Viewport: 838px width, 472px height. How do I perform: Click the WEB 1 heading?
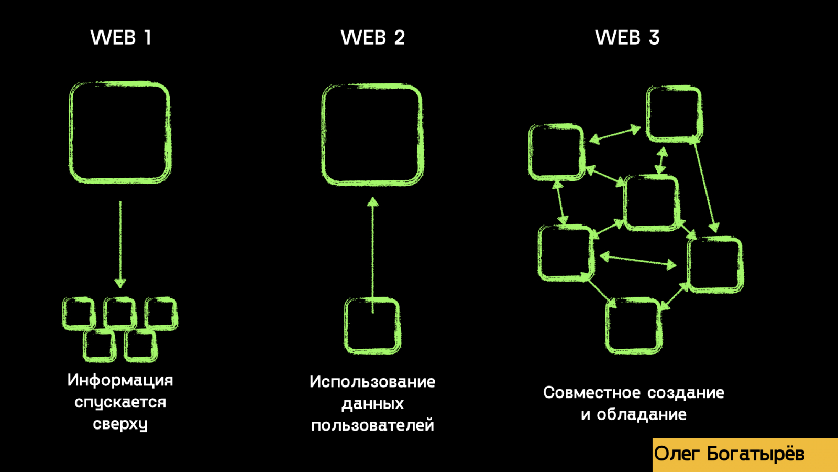coord(121,38)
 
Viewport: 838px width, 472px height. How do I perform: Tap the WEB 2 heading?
coord(372,38)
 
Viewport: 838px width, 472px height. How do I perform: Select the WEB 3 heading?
coord(627,38)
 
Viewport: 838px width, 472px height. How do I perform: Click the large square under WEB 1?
coord(120,132)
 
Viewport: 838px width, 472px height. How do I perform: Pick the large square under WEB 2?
coord(372,135)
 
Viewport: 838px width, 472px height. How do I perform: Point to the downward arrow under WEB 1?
coord(120,244)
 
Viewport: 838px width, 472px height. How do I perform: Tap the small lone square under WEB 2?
coord(372,326)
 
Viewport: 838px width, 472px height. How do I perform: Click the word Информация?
coord(120,380)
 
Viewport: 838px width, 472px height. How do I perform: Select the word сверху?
coord(120,424)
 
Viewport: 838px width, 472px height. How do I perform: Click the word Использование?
coord(372,382)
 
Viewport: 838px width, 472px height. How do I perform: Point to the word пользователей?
coord(372,425)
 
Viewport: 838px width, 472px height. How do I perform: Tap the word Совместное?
coord(591,393)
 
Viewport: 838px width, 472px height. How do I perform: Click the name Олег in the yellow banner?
coord(677,454)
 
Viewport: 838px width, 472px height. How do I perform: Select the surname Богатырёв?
coord(756,454)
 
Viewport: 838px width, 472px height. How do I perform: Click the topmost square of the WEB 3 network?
coord(674,114)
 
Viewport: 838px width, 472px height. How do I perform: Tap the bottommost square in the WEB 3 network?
coord(634,325)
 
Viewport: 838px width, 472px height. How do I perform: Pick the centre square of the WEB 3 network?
coord(651,203)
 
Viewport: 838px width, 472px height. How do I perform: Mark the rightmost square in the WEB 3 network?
coord(715,264)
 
